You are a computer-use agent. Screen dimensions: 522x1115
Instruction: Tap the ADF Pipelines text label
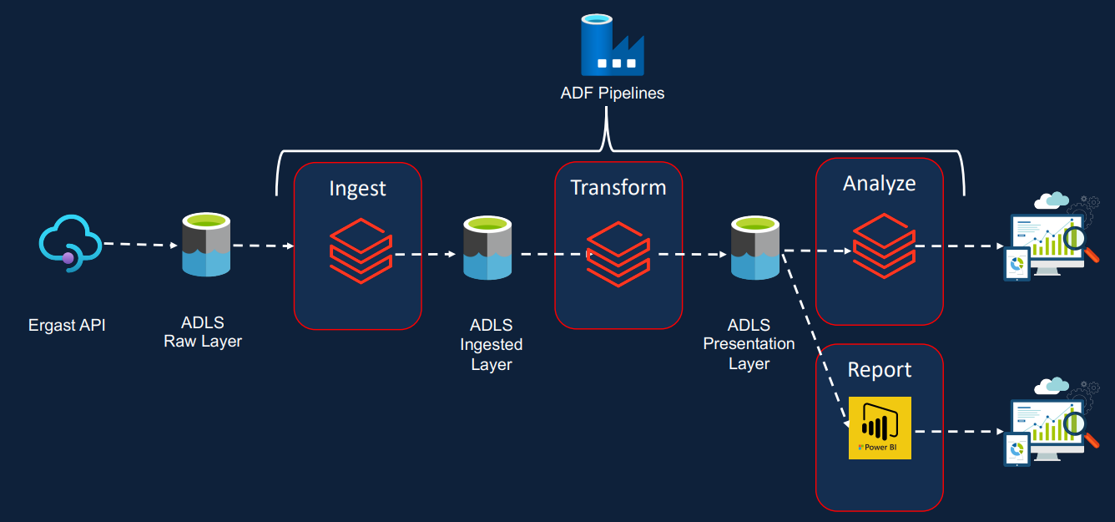click(612, 94)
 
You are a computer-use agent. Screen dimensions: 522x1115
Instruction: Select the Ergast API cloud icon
click(69, 241)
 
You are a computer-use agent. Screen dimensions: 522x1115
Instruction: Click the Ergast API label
click(67, 325)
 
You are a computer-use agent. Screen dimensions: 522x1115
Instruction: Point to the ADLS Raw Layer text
click(203, 332)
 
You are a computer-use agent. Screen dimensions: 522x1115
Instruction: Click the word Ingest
click(357, 189)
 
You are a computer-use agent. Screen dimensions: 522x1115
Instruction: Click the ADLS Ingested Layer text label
click(491, 344)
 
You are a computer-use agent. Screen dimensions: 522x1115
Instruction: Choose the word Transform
click(618, 187)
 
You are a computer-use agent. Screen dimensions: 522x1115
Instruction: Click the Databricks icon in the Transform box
click(618, 253)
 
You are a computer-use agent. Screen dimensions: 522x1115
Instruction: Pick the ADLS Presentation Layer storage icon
click(754, 247)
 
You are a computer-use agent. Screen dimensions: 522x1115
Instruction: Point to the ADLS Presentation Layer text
click(749, 344)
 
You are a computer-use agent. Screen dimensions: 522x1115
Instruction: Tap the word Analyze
click(879, 183)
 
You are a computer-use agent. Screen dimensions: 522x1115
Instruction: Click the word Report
click(880, 369)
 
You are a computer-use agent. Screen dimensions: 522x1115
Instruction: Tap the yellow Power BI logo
click(880, 428)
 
